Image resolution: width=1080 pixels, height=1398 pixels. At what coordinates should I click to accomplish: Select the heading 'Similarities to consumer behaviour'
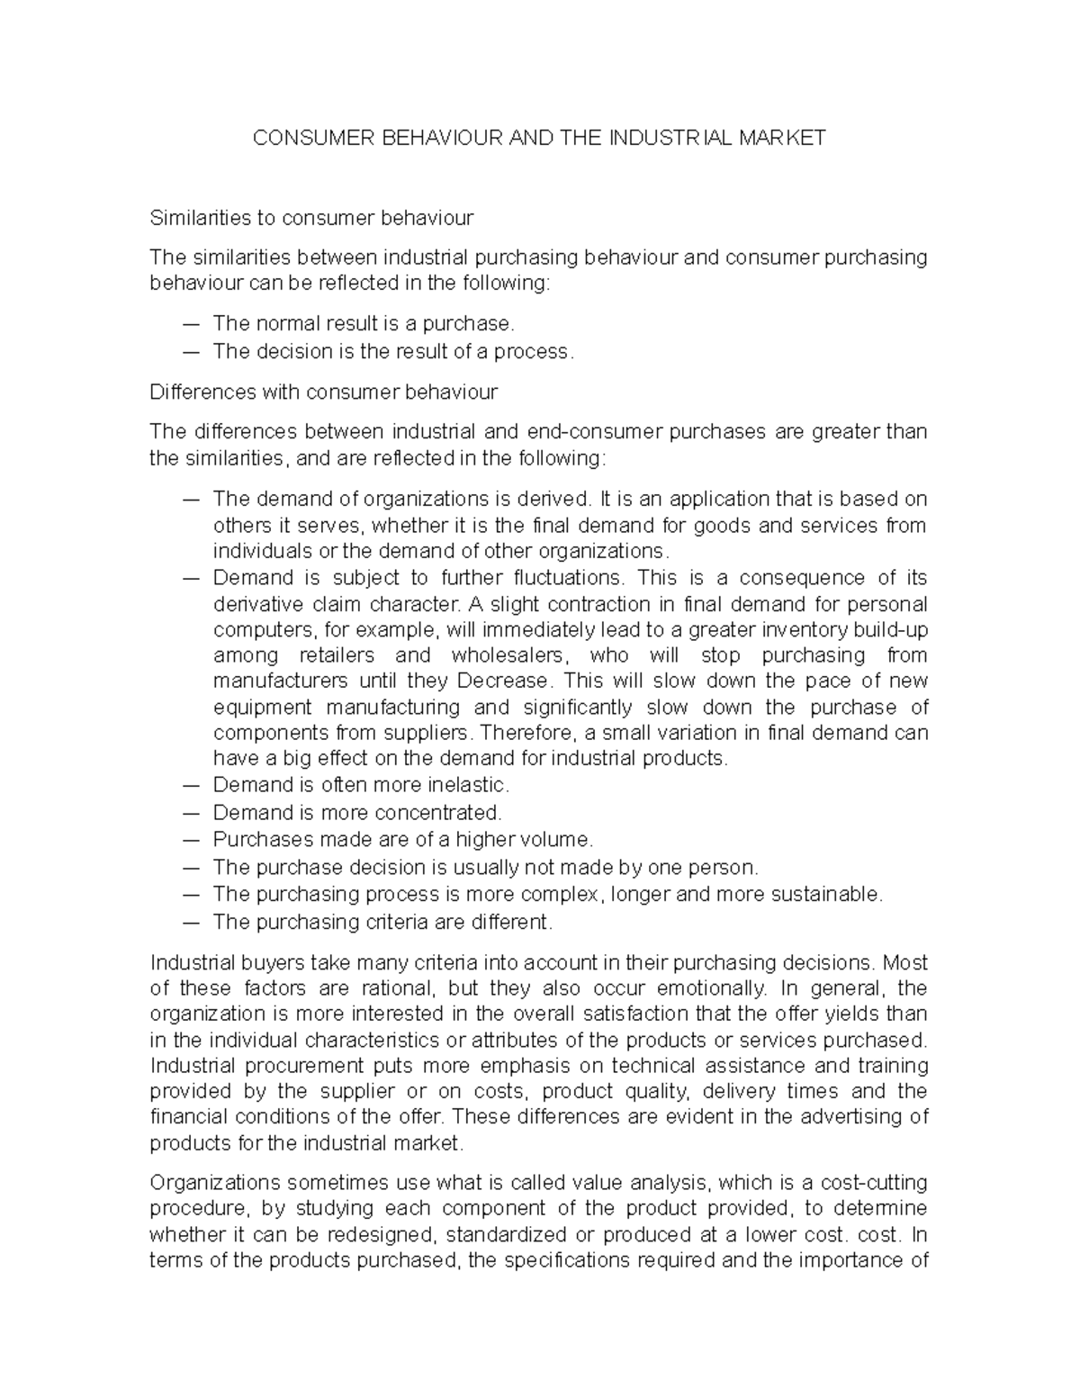pos(311,218)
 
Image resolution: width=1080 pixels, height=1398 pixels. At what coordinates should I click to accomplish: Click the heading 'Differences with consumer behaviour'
pos(323,392)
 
